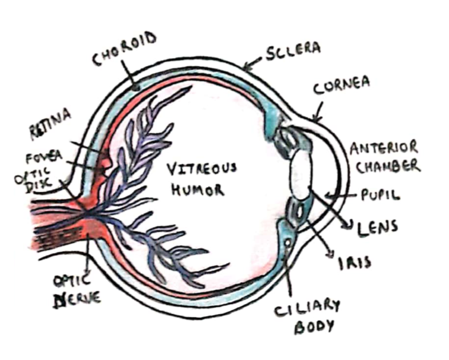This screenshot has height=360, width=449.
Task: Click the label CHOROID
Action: tap(124, 49)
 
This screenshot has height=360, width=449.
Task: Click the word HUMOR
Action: tap(197, 190)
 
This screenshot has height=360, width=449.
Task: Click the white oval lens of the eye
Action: tap(301, 172)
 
